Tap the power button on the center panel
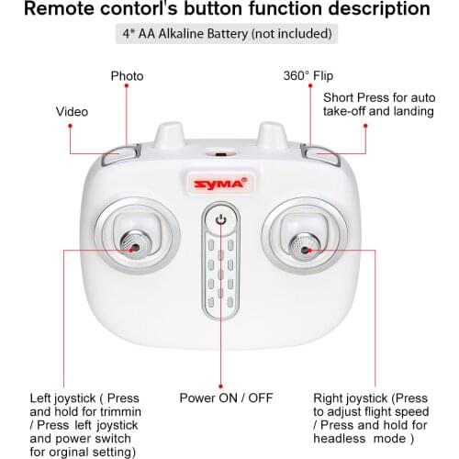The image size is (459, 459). click(220, 218)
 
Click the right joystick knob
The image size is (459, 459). click(303, 245)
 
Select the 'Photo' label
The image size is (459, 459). click(127, 76)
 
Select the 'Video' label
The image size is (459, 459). click(73, 112)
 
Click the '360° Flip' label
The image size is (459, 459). click(308, 76)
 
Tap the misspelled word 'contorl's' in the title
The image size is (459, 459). click(175, 11)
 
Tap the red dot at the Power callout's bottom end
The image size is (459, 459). click(220, 385)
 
